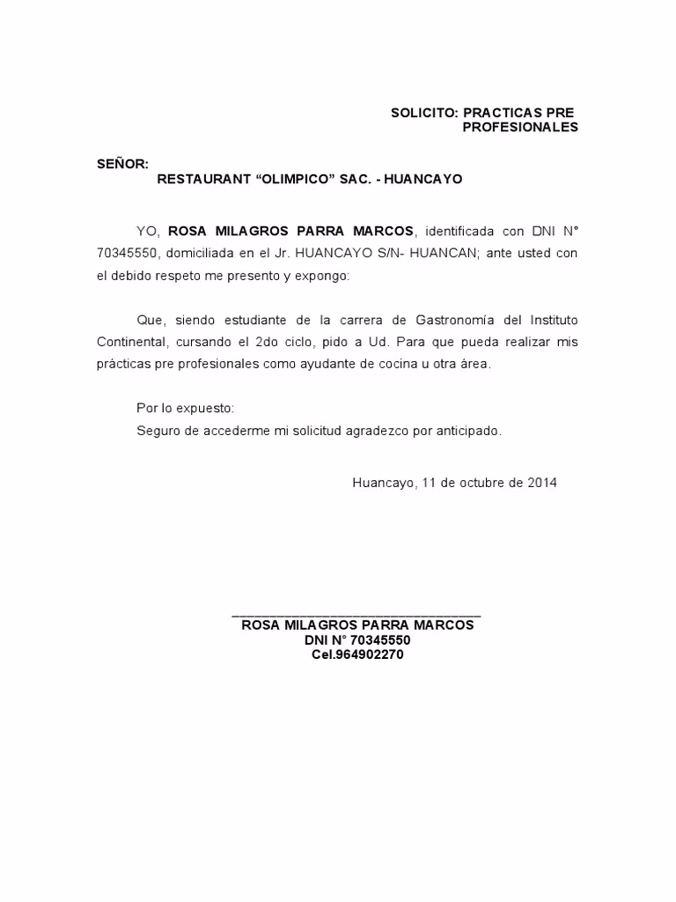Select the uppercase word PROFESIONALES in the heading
tap(520, 127)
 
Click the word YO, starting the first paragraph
tap(148, 231)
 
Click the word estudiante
tap(248, 319)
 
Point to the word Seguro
tap(157, 431)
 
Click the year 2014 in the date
tap(541, 483)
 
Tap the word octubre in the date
tap(482, 483)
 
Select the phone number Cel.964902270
tap(357, 654)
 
